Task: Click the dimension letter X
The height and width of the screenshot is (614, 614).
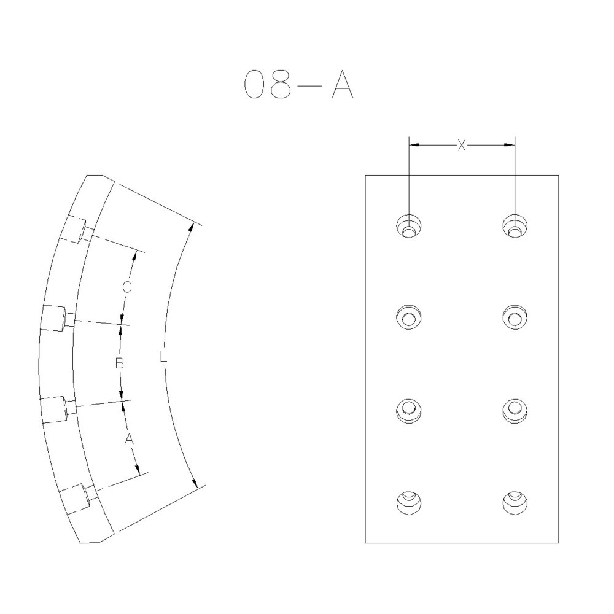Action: (x=462, y=145)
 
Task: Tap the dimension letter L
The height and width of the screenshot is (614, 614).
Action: (x=163, y=356)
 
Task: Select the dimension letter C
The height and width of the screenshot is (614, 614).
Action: (x=125, y=287)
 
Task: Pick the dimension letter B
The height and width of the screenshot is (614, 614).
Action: (x=120, y=363)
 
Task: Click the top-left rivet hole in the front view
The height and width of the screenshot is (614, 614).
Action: (x=409, y=225)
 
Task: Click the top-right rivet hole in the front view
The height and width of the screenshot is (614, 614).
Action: (x=515, y=225)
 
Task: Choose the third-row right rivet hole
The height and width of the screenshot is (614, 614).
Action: (x=515, y=410)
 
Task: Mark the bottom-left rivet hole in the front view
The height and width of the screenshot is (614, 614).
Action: (x=409, y=502)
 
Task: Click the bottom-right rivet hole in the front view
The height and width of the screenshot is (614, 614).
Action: (x=515, y=502)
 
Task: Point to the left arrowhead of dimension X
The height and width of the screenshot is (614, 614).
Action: (x=414, y=145)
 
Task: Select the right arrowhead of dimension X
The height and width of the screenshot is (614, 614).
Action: (x=509, y=145)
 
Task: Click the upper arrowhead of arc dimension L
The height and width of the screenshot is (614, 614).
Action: (x=193, y=227)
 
